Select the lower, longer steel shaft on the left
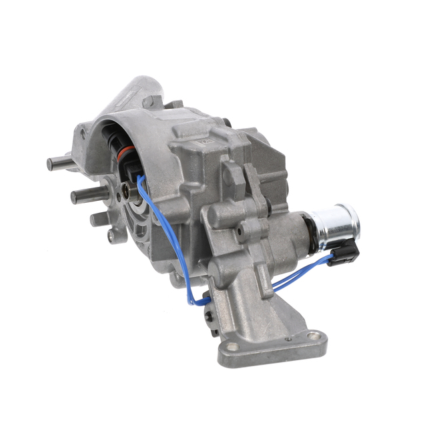pos(83,195)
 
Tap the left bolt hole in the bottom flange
pos(231,348)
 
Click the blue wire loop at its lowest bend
pos(194,300)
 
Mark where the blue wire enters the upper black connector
pos(137,175)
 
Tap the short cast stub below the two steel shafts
pos(97,218)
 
